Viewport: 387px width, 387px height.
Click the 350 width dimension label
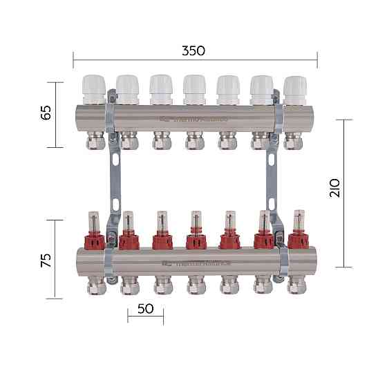[x=193, y=51]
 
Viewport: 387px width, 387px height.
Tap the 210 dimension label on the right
[x=335, y=188]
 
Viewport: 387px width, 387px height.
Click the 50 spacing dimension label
[x=145, y=309]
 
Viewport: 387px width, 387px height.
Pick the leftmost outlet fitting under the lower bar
[x=94, y=285]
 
